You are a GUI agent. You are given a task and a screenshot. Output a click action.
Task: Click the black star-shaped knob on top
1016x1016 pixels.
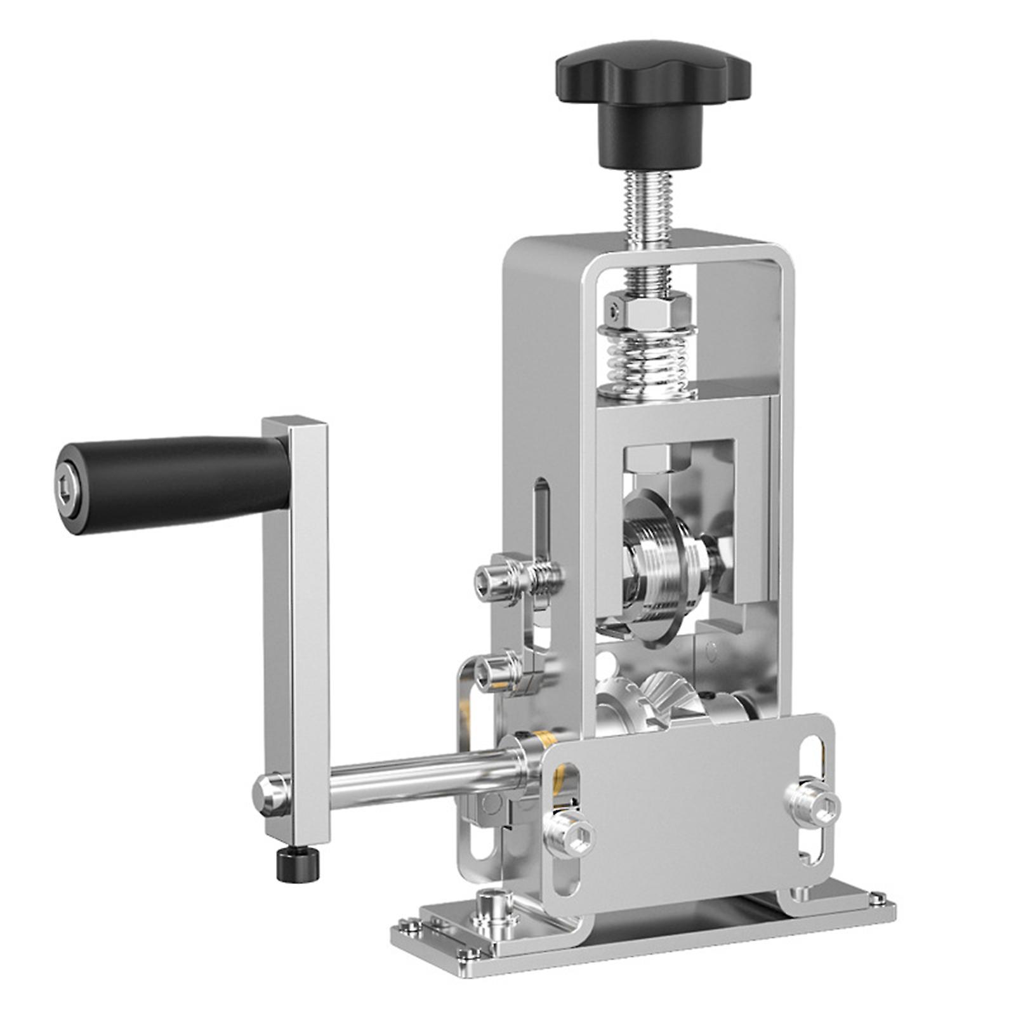tap(652, 86)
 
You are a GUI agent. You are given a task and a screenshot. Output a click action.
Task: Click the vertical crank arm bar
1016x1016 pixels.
tap(296, 622)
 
